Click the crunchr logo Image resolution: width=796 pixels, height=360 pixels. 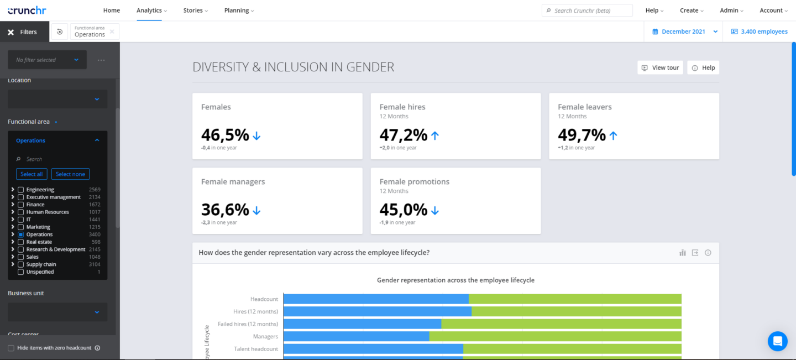[x=27, y=11]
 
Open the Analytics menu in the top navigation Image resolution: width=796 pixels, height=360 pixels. [x=151, y=11]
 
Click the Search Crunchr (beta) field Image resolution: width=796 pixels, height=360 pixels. [x=587, y=11]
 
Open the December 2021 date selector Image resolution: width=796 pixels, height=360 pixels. [x=685, y=32]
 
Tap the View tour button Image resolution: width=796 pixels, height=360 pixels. [x=660, y=67]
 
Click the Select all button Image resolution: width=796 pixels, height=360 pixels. [x=32, y=174]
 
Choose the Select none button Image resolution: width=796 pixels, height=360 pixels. [x=70, y=174]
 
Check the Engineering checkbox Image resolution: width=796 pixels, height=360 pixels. [x=20, y=190]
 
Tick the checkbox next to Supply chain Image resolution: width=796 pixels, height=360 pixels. [x=20, y=264]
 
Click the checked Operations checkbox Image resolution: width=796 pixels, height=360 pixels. [x=20, y=234]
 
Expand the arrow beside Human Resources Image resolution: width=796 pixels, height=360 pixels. [x=13, y=212]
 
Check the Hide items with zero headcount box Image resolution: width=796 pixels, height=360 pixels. [x=11, y=348]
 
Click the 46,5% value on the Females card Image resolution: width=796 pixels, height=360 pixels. [x=225, y=135]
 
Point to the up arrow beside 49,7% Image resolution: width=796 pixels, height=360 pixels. [x=614, y=135]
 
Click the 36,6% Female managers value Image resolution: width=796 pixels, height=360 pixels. [x=225, y=210]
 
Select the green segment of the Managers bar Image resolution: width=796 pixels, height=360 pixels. [x=556, y=336]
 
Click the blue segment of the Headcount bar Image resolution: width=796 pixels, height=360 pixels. [x=376, y=299]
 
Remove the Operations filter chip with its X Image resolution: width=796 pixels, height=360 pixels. [x=112, y=32]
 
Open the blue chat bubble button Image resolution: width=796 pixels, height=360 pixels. [x=778, y=341]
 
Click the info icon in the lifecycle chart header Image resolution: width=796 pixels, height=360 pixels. [x=708, y=253]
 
